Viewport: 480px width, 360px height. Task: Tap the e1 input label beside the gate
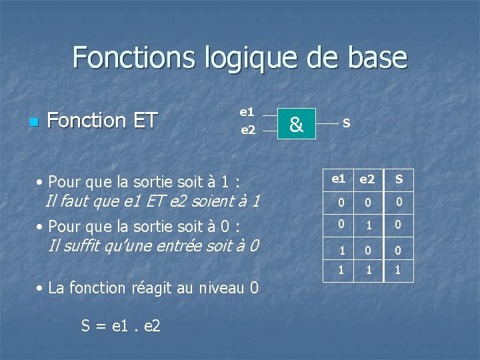[x=247, y=111]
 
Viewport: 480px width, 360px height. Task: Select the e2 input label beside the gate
[x=247, y=130]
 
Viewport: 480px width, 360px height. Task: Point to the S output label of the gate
[x=346, y=123]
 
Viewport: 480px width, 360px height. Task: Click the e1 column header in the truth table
[x=339, y=179]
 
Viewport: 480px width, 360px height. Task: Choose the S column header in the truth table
[x=399, y=179]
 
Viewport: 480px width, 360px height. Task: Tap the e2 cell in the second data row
[x=368, y=225]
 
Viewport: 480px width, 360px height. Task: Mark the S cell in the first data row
[x=399, y=202]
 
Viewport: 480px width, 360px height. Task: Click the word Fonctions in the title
[x=133, y=57]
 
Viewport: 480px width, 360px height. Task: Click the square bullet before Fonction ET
[x=34, y=122]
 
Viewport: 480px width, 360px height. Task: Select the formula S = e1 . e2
[x=121, y=326]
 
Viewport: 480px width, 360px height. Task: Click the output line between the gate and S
[x=326, y=123]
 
